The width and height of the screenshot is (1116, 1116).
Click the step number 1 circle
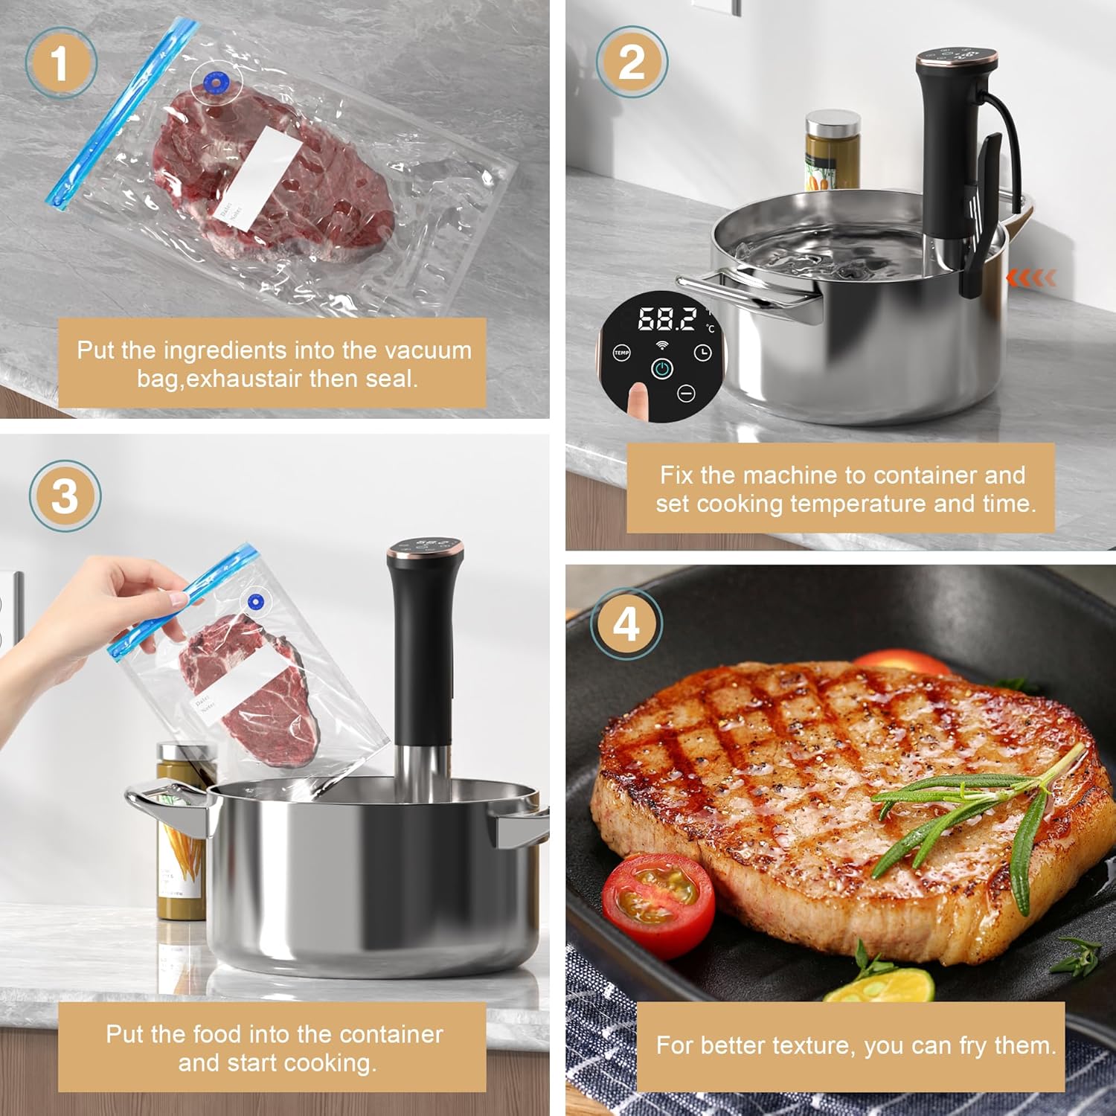(x=60, y=63)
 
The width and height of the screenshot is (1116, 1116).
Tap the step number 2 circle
(x=632, y=62)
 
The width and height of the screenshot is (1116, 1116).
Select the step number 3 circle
(x=65, y=496)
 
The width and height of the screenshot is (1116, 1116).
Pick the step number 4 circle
(x=626, y=623)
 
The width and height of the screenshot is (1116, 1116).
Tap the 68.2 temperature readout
(x=667, y=319)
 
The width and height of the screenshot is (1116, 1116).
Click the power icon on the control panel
(x=662, y=368)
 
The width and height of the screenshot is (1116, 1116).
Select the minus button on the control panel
(x=686, y=393)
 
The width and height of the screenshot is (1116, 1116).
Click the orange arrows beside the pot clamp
(x=1030, y=278)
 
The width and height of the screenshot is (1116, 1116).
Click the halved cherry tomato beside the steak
(x=658, y=903)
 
